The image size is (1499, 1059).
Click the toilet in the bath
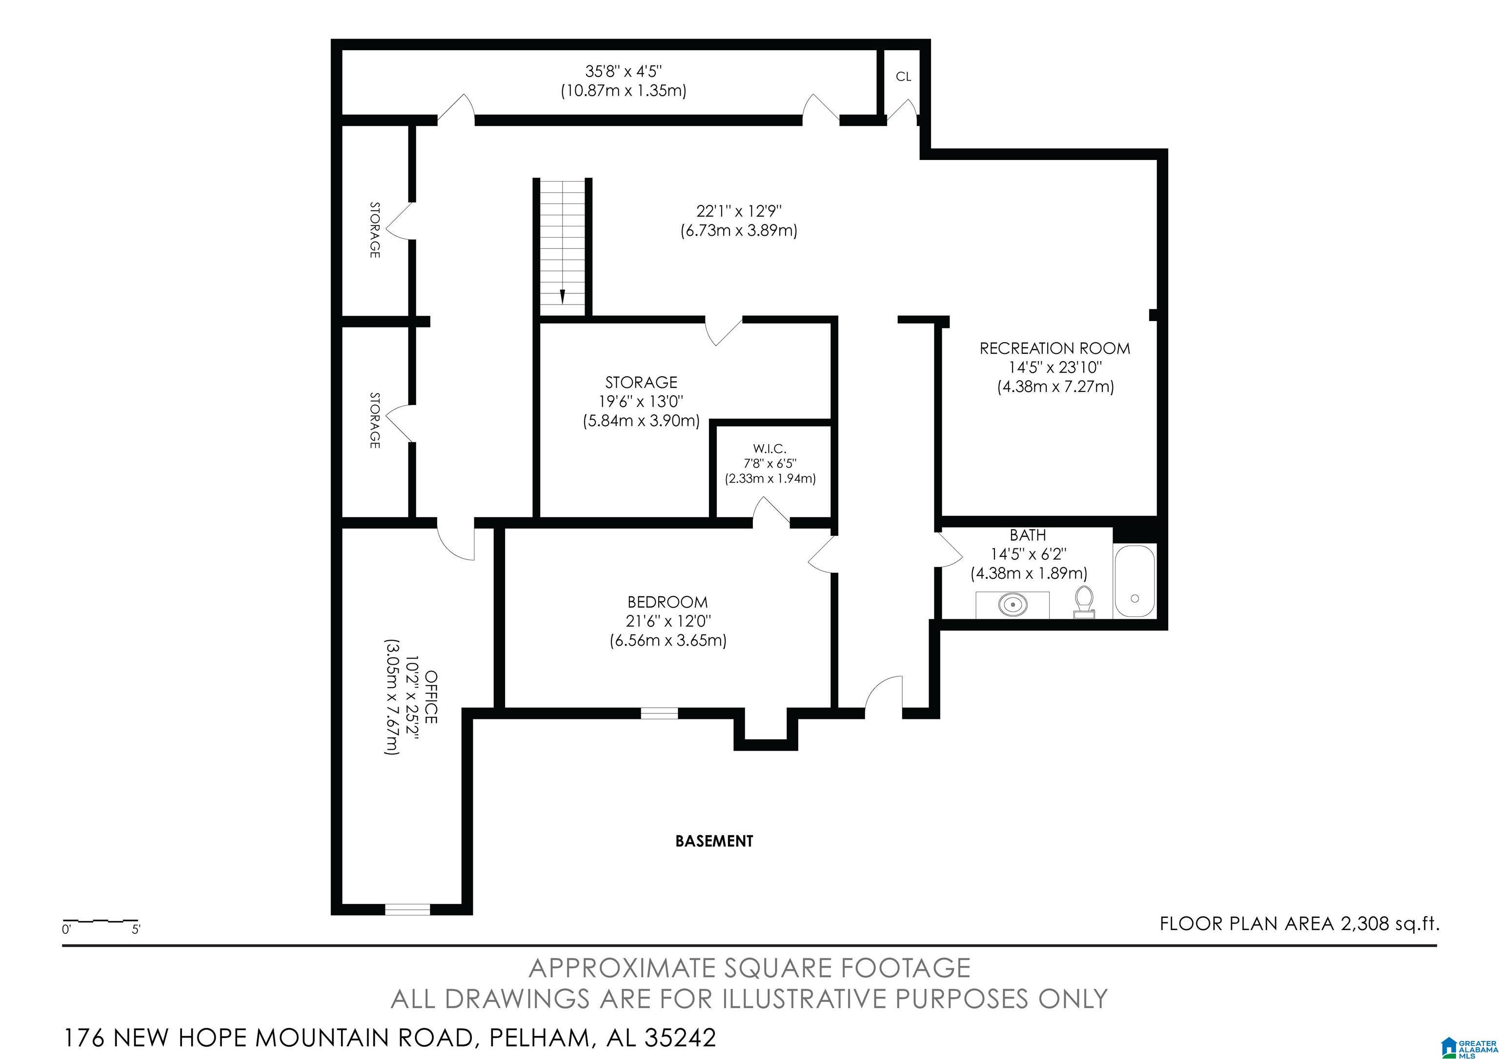[x=1084, y=601]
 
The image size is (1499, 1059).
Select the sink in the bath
[x=1012, y=605]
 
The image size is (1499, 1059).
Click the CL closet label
[x=903, y=77]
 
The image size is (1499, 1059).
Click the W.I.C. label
[x=770, y=448]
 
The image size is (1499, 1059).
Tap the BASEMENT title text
[x=714, y=841]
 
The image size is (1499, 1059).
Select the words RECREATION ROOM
[x=1054, y=348]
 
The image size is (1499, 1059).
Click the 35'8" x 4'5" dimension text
[x=624, y=70]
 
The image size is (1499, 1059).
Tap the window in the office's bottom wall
[x=407, y=909]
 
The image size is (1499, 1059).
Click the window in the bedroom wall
[x=659, y=713]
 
